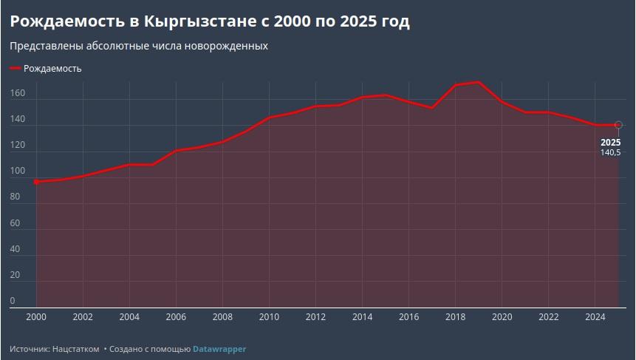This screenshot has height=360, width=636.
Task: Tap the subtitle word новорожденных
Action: [x=226, y=46]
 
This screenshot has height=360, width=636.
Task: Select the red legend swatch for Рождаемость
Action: [x=16, y=69]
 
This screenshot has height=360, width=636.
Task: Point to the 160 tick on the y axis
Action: [x=18, y=93]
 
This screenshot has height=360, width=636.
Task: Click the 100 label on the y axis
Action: [x=18, y=171]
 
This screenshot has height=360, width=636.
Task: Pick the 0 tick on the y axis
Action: [x=13, y=301]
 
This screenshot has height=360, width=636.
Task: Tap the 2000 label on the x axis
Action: [x=36, y=317]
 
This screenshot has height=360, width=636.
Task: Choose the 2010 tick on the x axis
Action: [x=269, y=317]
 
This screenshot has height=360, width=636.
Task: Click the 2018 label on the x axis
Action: [x=456, y=317]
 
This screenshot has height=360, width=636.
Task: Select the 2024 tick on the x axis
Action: [x=595, y=317]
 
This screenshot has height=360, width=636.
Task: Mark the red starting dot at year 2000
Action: [x=36, y=182]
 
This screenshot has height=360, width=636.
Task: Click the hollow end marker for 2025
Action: [x=618, y=125]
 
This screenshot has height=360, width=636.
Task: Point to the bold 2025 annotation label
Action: [x=610, y=143]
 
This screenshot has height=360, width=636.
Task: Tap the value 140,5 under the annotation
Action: [x=610, y=152]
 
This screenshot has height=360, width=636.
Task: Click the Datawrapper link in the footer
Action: [x=219, y=349]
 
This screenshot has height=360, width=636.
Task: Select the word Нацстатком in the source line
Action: [x=76, y=349]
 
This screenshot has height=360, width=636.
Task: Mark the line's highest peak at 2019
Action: [x=479, y=82]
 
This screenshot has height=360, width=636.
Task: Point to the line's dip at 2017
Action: [x=432, y=108]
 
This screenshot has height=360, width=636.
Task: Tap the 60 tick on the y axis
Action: [x=15, y=223]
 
